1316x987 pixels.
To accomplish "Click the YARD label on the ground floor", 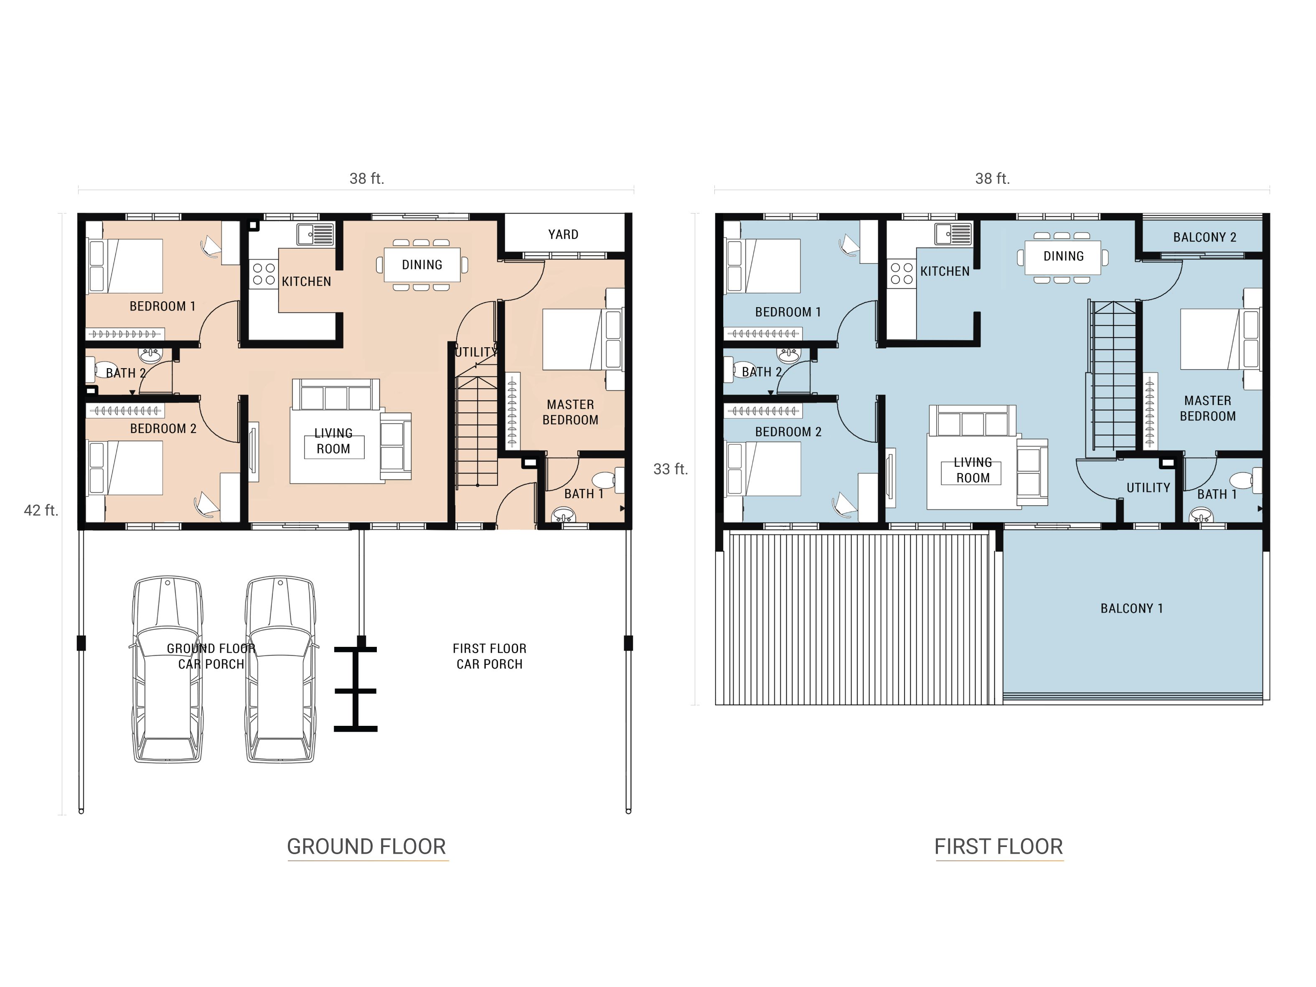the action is pyautogui.click(x=563, y=234).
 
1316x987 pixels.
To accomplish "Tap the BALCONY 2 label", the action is pyautogui.click(x=1205, y=237).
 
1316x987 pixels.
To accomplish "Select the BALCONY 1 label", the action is pyautogui.click(x=1132, y=608).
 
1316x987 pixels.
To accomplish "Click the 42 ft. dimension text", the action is pyautogui.click(x=41, y=511).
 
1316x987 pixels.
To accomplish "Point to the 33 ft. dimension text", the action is pyautogui.click(x=671, y=469).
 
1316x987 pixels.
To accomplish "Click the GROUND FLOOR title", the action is pyautogui.click(x=366, y=847).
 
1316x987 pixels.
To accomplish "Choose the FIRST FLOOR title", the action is pyautogui.click(x=999, y=847).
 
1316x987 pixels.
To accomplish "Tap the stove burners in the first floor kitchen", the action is pyautogui.click(x=901, y=274).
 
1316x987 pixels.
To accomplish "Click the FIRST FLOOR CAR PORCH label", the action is pyautogui.click(x=489, y=656).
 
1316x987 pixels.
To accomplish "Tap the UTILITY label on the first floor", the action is pyautogui.click(x=1148, y=488).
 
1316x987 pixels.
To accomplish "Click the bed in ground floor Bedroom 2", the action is pyautogui.click(x=125, y=468).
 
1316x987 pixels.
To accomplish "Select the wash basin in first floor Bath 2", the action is pyautogui.click(x=789, y=355).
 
